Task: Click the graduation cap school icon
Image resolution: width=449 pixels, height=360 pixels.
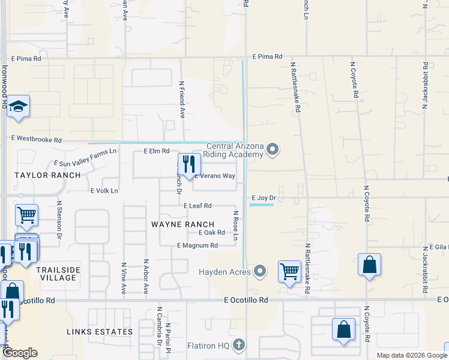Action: pos(19,107)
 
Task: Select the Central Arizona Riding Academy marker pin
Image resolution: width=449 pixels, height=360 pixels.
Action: pos(273,149)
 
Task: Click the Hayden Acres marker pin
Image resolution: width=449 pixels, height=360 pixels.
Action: pos(260,272)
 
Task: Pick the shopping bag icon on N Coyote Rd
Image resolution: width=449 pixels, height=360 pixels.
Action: pos(369,265)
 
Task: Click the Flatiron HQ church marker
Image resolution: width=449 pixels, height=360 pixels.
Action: pos(239,344)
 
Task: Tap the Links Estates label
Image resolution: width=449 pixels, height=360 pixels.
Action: pos(100,332)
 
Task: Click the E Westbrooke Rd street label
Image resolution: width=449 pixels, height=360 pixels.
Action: pos(37,139)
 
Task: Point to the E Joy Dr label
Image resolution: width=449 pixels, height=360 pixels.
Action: pos(264,197)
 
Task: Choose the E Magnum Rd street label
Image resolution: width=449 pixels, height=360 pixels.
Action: pos(197,245)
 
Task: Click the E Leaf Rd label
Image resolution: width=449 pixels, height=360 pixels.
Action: pos(197,205)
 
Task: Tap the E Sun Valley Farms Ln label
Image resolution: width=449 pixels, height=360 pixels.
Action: pos(85,158)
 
